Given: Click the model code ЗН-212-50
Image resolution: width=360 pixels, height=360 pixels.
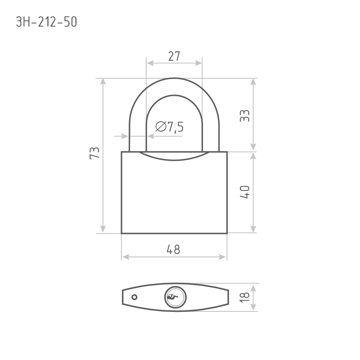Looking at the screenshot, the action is click(x=46, y=22).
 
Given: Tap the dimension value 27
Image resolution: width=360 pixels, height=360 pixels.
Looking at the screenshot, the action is click(x=174, y=56).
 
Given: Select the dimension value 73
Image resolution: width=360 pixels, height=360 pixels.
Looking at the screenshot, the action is click(x=94, y=153).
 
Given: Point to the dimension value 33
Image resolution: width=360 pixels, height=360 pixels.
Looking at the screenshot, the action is click(x=244, y=116).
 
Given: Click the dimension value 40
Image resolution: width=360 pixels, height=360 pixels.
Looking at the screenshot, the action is click(x=244, y=192).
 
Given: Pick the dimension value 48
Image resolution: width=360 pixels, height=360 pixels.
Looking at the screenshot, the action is click(x=174, y=250).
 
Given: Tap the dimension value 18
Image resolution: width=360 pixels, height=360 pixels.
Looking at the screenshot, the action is click(x=244, y=297).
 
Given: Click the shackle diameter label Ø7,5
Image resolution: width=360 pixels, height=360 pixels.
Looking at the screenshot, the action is click(x=170, y=127).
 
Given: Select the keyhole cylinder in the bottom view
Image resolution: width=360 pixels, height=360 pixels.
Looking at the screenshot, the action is click(x=175, y=297).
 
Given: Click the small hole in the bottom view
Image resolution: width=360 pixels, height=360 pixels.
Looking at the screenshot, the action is click(x=134, y=297).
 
